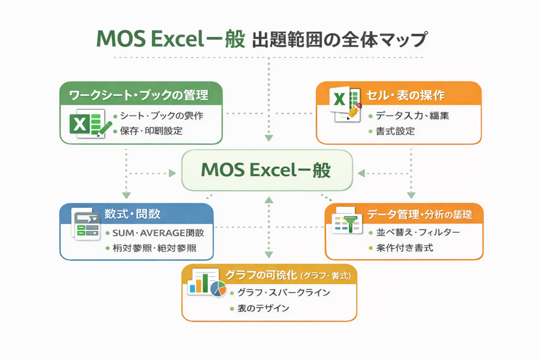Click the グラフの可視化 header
[269, 275]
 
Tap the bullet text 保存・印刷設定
[151, 131]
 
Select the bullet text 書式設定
[395, 131]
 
